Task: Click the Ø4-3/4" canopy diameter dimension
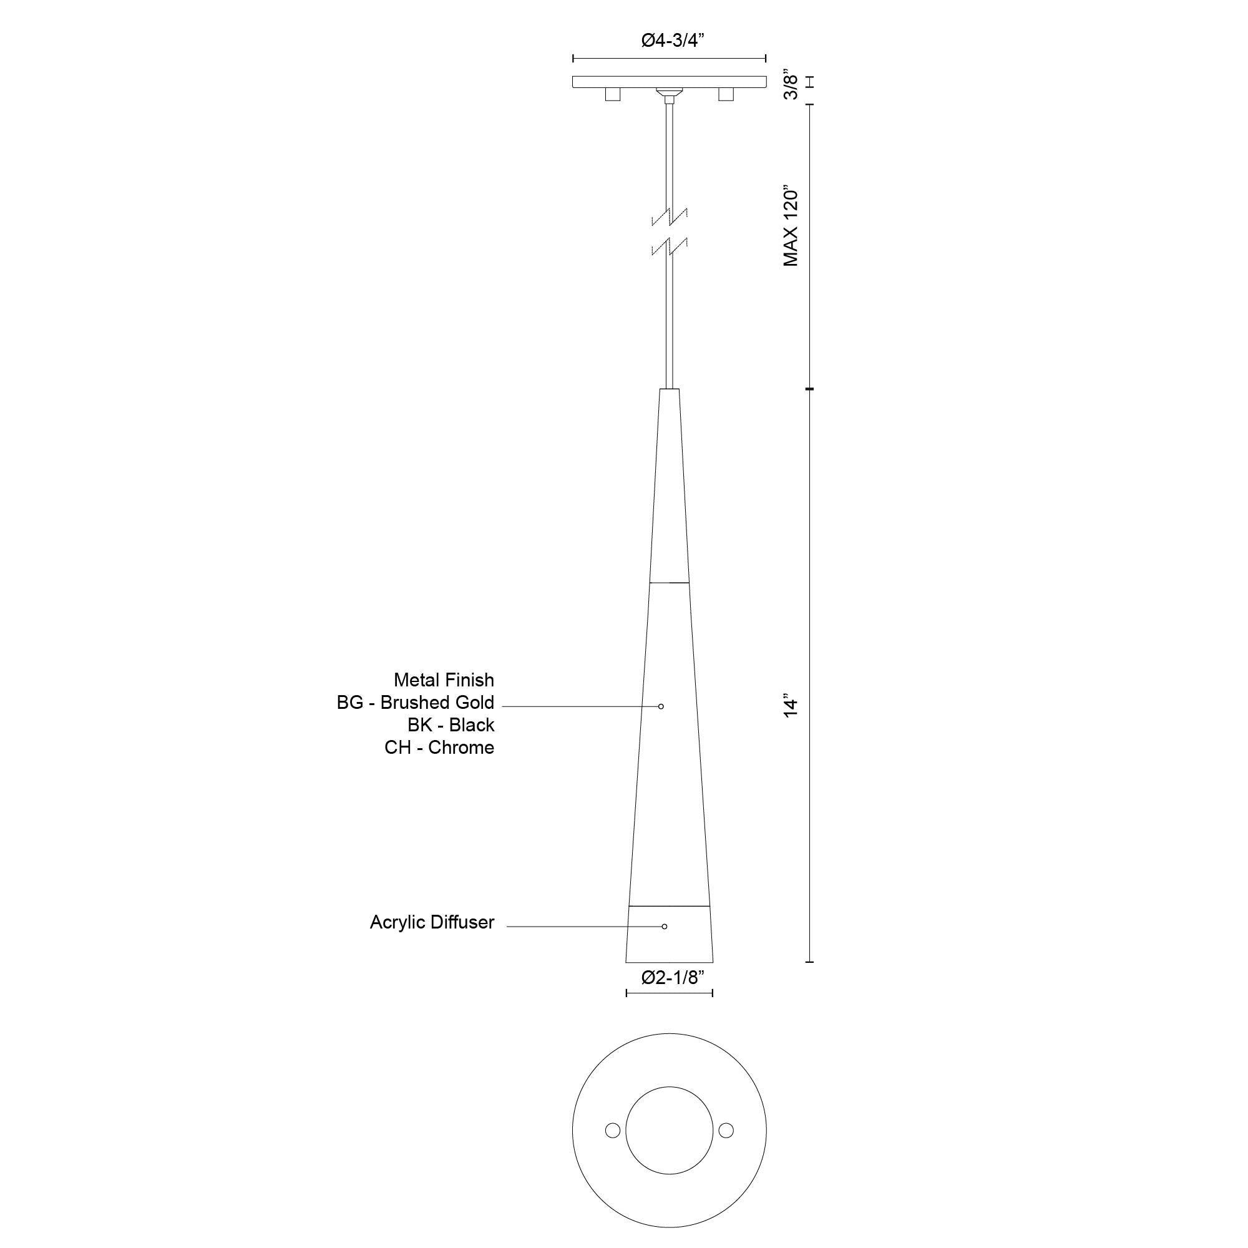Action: (x=672, y=41)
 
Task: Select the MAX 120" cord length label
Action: (x=791, y=227)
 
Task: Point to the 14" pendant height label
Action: (x=791, y=705)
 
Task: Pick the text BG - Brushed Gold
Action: (x=416, y=703)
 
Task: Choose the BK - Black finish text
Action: (x=451, y=726)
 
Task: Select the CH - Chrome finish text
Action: (x=439, y=748)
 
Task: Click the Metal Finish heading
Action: (x=444, y=680)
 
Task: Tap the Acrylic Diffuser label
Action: (x=432, y=922)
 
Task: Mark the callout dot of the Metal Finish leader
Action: (x=661, y=707)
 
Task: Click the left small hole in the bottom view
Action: (x=612, y=1131)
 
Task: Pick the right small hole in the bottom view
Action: (x=726, y=1131)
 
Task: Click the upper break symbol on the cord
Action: (x=670, y=217)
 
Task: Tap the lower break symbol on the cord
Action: (x=670, y=246)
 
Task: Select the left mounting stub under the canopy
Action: (x=612, y=95)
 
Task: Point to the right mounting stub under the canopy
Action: (x=726, y=95)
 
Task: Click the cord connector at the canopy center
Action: (x=669, y=94)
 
